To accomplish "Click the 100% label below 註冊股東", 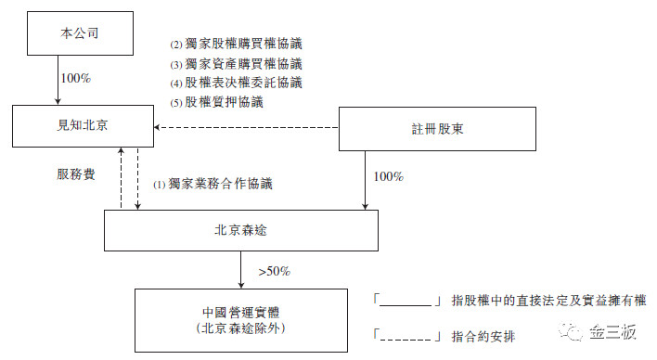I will coord(388,175).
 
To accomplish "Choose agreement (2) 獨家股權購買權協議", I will coord(236,44).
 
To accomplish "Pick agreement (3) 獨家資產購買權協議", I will coord(236,64).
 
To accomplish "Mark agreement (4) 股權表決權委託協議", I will coord(236,83).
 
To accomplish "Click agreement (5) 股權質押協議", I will coord(217,102).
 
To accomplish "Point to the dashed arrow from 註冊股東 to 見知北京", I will coord(246,127).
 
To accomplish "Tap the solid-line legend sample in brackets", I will coord(407,302).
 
